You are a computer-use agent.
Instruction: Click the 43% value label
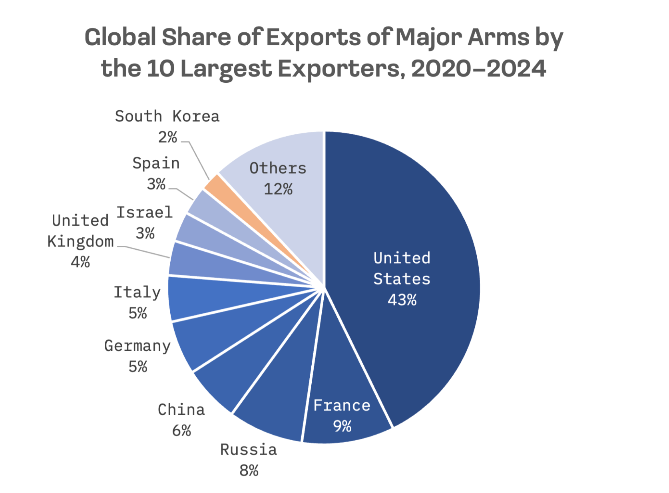pyautogui.click(x=402, y=300)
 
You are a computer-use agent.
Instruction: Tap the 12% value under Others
pyautogui.click(x=278, y=189)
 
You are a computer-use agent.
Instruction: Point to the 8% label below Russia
pyautogui.click(x=249, y=471)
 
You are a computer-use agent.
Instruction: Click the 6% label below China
pyautogui.click(x=181, y=431)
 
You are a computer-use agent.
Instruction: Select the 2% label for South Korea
pyautogui.click(x=167, y=137)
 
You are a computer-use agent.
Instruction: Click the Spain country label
pyautogui.click(x=156, y=163)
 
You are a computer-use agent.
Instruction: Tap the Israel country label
pyautogui.click(x=144, y=213)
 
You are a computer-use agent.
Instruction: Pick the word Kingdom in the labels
pyautogui.click(x=80, y=242)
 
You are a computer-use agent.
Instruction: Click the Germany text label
pyautogui.click(x=137, y=346)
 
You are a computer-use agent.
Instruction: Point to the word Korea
pyautogui.click(x=196, y=117)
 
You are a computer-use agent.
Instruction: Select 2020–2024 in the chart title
pyautogui.click(x=478, y=69)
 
